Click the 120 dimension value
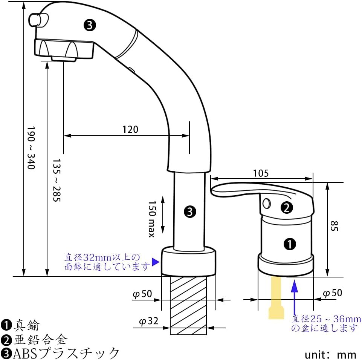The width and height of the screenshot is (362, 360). point(130,129)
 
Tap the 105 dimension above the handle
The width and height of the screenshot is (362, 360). point(261,173)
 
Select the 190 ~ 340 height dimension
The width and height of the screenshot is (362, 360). point(31,148)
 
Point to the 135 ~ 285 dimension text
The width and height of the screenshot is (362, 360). point(57,180)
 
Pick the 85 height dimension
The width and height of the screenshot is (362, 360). point(334,226)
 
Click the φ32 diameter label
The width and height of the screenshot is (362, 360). point(149,321)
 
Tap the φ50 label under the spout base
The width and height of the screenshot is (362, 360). point(142,294)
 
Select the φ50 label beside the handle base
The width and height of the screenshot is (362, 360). point(333,293)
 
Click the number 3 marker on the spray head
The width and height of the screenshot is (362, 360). point(90,25)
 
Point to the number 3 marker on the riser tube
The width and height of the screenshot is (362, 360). point(190,211)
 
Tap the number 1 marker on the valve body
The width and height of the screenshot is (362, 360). point(290,244)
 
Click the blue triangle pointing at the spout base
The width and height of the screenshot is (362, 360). point(155,262)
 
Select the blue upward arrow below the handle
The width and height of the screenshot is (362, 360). point(294,297)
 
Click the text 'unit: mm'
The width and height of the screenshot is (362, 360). point(330,355)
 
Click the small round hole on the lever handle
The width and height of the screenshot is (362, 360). point(266,203)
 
